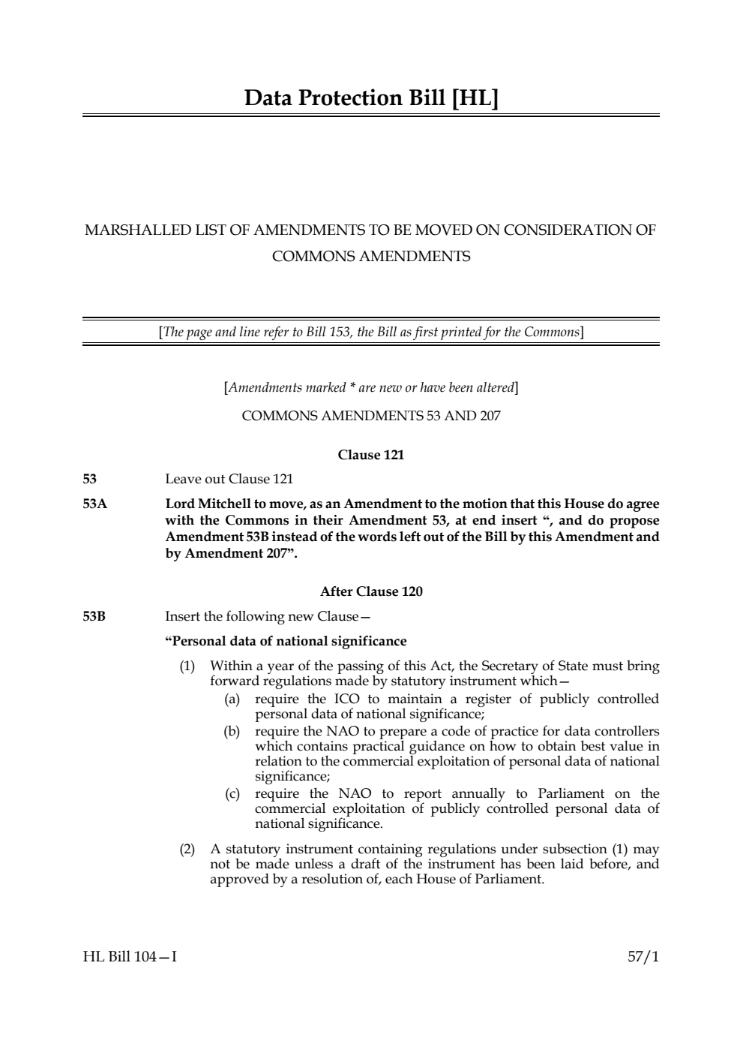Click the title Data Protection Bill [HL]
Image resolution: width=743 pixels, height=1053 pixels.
coord(371,98)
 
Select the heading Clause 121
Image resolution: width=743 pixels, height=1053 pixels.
coord(371,455)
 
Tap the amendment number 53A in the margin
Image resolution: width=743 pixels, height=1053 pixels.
coord(94,504)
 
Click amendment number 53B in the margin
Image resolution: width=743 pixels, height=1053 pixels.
coord(94,617)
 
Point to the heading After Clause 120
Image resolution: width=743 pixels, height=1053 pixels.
coord(371,591)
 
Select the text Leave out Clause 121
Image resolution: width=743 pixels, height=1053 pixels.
coord(229,479)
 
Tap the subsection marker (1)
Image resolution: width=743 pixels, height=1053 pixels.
coord(187,666)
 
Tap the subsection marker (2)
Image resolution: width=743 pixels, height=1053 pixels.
coord(187,850)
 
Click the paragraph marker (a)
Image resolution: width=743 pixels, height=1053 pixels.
coord(232,699)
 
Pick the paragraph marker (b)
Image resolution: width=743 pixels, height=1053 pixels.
coord(232,731)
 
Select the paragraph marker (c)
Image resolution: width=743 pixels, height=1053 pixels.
coord(232,794)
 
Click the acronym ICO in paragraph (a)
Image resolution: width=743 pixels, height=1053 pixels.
coord(346,699)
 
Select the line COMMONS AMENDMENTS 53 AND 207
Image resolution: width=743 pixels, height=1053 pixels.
coord(371,416)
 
